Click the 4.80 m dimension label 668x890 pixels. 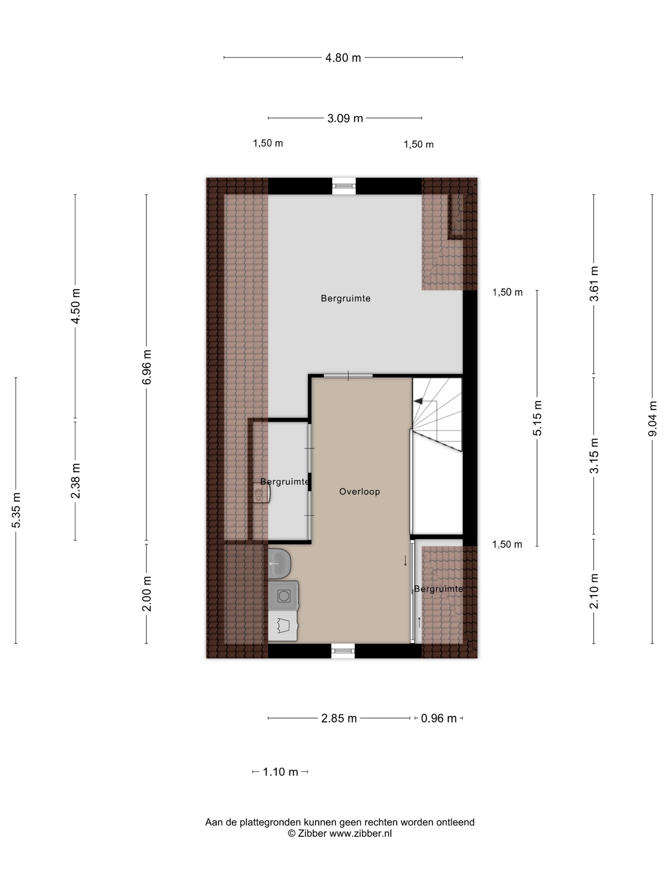[x=343, y=58]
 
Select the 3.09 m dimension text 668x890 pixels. [x=345, y=118]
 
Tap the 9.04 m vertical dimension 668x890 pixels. [x=652, y=418]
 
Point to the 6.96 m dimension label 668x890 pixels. [x=147, y=367]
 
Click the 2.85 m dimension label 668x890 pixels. [x=339, y=718]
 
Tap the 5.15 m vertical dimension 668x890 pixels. [x=537, y=418]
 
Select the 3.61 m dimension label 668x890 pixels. [x=594, y=284]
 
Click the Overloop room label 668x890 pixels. [x=359, y=491]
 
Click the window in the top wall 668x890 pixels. [x=344, y=186]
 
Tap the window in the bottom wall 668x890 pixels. [x=343, y=651]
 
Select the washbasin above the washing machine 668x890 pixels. [x=279, y=563]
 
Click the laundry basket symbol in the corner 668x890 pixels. [x=283, y=626]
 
